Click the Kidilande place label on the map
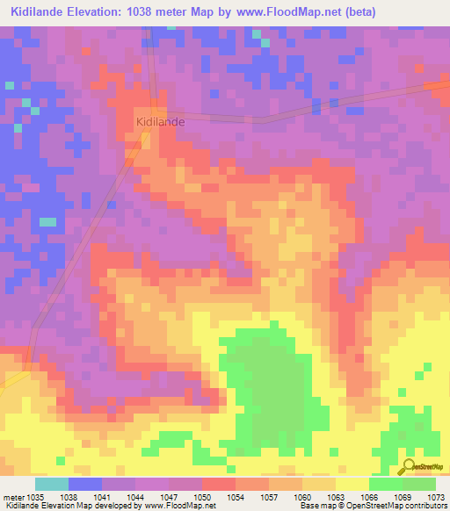159,122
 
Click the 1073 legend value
437,496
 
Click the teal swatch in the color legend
52,484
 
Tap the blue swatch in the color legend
85,484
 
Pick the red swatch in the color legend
219,484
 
